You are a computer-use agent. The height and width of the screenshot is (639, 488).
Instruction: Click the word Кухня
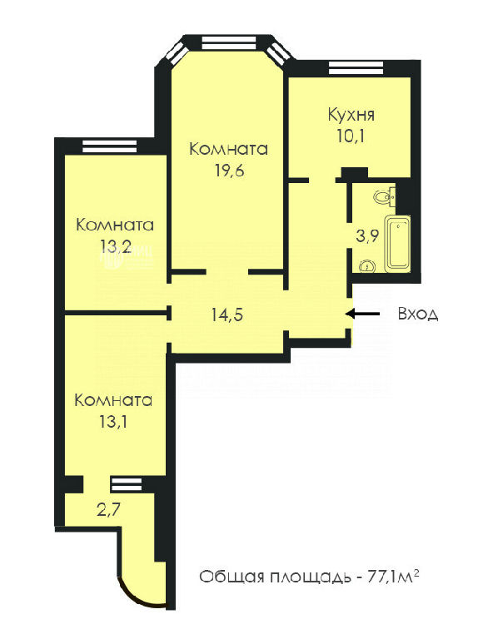coord(351,116)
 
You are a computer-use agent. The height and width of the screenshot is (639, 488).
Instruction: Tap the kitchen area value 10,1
coord(351,136)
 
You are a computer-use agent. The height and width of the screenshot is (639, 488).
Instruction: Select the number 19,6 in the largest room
coord(230,170)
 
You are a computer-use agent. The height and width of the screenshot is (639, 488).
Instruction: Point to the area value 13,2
coord(116,245)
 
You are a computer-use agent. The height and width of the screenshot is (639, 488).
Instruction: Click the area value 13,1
coord(113,421)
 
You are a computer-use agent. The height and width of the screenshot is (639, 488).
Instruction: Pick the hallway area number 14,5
coord(227,315)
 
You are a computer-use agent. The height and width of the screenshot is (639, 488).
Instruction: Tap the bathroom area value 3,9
coord(367,236)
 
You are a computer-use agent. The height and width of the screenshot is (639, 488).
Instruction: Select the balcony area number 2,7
coord(108,509)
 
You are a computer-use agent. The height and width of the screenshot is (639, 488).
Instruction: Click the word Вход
coord(418,314)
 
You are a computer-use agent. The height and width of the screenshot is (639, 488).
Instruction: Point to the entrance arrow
coord(363,314)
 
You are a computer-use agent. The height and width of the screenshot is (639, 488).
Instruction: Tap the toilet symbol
coord(384,197)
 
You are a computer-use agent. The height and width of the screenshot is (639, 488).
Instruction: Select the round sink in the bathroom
coord(366,266)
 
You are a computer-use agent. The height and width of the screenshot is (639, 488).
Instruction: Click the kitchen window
coord(356,67)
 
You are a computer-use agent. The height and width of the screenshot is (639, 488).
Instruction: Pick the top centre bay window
coord(229,43)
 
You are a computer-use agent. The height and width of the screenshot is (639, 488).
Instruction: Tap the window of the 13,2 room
coord(109,146)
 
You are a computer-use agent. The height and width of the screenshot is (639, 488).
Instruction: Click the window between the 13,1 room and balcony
coord(127,484)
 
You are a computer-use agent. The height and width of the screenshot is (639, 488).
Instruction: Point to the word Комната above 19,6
coord(228,149)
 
